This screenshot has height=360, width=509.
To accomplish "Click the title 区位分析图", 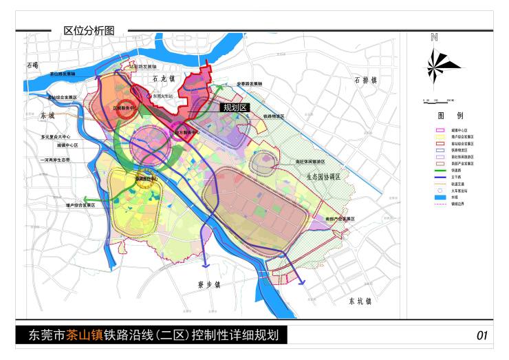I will pos(89,30).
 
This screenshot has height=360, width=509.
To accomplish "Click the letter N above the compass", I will pos(434,39).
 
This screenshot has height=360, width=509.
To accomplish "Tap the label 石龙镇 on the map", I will pos(164,81).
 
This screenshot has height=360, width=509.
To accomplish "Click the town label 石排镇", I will pos(366,81).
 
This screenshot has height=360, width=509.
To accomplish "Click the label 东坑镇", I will pos(359,301).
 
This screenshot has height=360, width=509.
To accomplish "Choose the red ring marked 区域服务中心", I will pos(124,109).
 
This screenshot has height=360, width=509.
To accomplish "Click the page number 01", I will pos(481,336).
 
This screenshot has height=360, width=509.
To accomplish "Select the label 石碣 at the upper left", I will pos(32,65).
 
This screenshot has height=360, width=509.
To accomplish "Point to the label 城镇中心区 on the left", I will pos(67,146).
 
